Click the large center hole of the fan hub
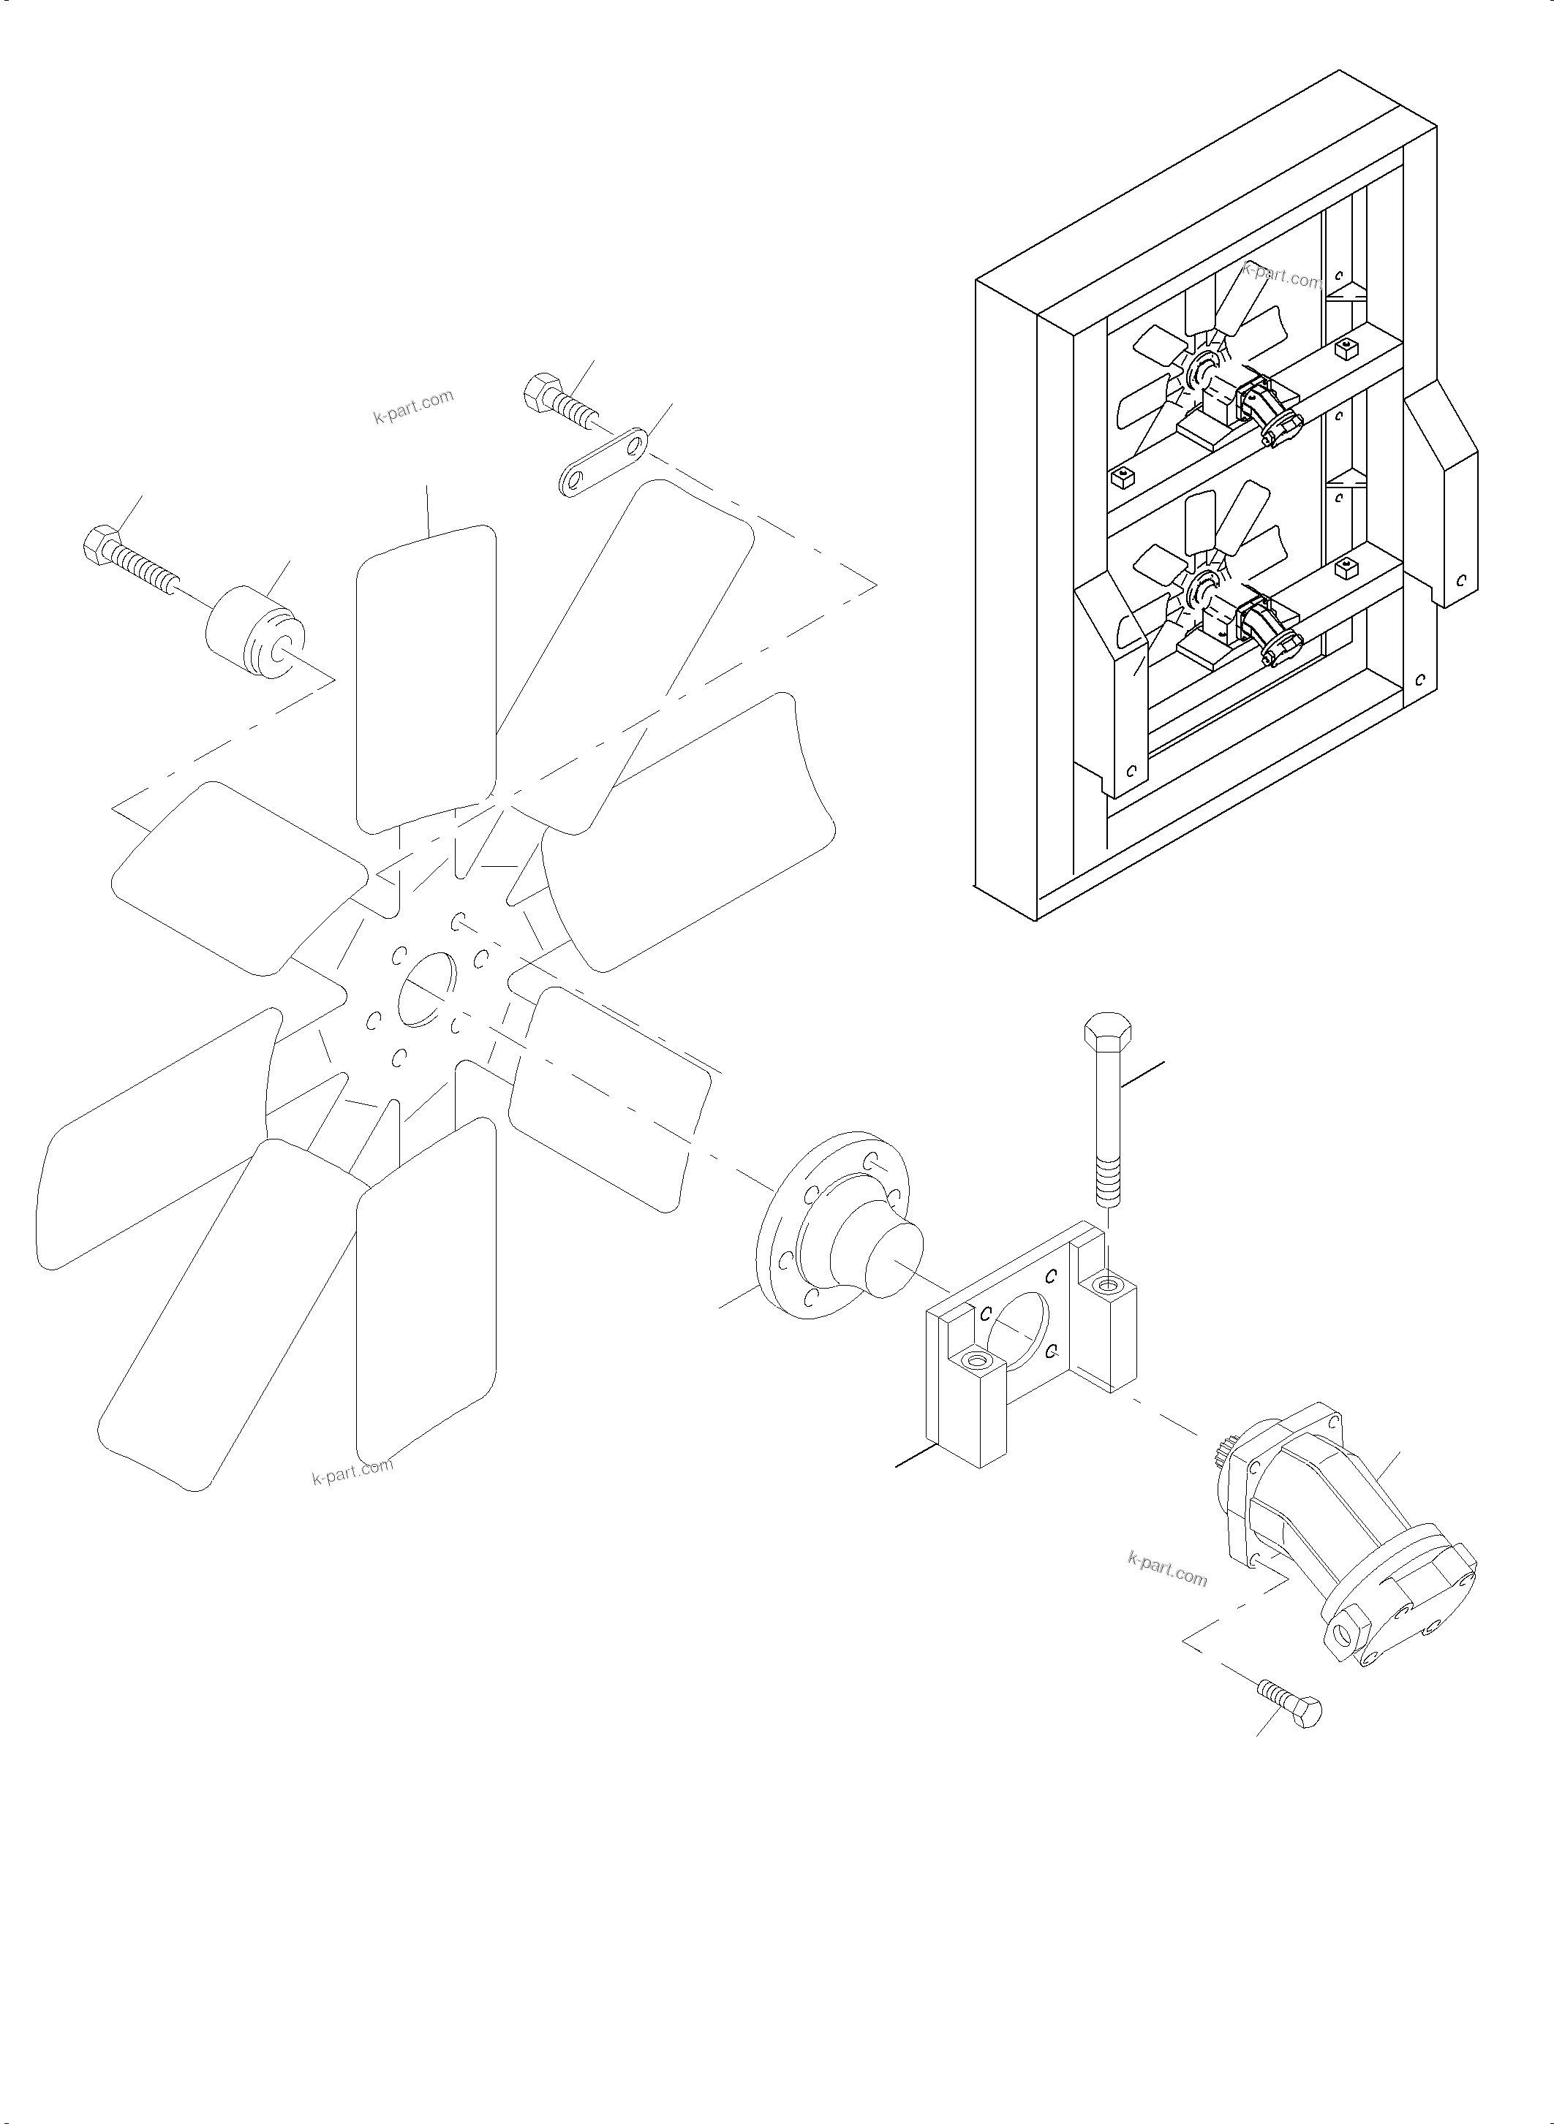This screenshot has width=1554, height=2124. pyautogui.click(x=427, y=990)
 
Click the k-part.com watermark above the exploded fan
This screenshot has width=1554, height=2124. pyautogui.click(x=413, y=407)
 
